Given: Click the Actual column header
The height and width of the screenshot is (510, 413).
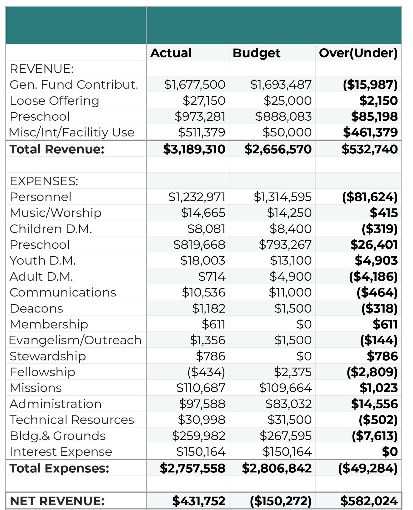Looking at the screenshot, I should [x=171, y=53].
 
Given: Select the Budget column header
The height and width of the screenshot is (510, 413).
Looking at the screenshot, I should [x=256, y=53].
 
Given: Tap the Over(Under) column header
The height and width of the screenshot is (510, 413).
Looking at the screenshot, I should [x=358, y=53].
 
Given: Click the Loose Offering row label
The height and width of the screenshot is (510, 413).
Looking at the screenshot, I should [x=54, y=101].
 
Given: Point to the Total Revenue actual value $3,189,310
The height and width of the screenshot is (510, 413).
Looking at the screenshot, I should [x=194, y=149].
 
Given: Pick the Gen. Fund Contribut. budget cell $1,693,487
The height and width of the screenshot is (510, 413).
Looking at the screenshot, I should [x=281, y=85].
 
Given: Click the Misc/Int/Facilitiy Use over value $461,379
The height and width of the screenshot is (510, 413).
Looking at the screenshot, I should [x=370, y=132].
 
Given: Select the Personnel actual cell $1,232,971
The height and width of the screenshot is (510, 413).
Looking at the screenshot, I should [x=197, y=197].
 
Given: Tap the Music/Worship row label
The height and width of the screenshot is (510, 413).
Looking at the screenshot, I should [x=55, y=213].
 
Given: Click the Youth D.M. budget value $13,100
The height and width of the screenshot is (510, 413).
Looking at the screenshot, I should [x=291, y=261].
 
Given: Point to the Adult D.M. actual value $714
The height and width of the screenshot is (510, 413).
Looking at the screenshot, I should [x=212, y=276].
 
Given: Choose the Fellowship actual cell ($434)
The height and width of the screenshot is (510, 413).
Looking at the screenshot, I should [x=206, y=372].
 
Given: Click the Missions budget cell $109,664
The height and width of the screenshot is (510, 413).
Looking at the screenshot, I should [x=285, y=388].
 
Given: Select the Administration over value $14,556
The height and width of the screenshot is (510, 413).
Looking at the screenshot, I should [x=374, y=404].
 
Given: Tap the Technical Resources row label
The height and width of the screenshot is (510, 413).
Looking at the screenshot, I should [x=72, y=420].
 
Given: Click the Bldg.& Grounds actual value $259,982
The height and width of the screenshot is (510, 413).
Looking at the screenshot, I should [x=198, y=436].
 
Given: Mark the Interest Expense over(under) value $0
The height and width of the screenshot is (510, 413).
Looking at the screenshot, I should [x=390, y=452].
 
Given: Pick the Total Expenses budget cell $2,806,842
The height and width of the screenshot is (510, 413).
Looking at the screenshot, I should [x=277, y=468].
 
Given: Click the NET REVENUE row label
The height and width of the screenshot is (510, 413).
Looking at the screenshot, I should [x=57, y=501].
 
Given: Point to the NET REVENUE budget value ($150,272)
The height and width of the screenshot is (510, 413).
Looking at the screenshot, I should [x=280, y=501].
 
